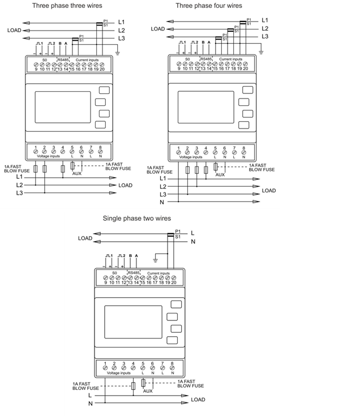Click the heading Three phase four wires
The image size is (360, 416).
pyautogui.click(x=209, y=6)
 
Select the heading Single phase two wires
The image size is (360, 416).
pyautogui.click(x=136, y=218)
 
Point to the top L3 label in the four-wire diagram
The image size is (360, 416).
pyautogui.click(x=265, y=36)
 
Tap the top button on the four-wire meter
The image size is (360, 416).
pyautogui.click(x=246, y=90)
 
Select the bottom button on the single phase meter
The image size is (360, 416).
pyautogui.click(x=172, y=341)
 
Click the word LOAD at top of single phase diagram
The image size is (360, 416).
pyautogui.click(x=85, y=238)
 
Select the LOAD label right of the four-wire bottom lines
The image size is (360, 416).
pyautogui.click(x=269, y=191)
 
